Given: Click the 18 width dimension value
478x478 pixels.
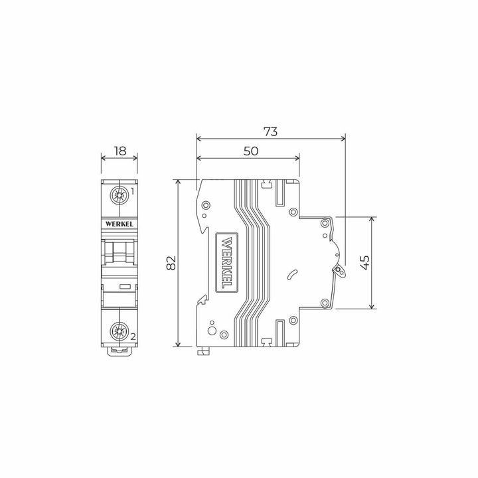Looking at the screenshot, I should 119,151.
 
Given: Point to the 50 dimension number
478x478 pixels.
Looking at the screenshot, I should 250,151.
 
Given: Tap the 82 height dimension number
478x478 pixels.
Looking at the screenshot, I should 171,263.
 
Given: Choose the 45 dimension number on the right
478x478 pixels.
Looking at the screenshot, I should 363,262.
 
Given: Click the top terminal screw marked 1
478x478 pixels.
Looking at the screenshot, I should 119,196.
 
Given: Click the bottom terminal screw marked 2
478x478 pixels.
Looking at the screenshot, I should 119,330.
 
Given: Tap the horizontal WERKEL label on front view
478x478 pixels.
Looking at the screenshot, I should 119,224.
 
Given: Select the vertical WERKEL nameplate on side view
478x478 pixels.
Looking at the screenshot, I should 226,263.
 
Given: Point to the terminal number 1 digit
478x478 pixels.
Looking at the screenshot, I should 133,192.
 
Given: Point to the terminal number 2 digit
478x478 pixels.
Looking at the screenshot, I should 133,337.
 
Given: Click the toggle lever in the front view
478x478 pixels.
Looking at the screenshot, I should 119,252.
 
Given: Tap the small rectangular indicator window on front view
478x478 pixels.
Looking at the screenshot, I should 124,287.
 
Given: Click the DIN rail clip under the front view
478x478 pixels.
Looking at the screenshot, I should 119,349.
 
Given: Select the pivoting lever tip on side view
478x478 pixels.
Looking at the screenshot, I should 341,271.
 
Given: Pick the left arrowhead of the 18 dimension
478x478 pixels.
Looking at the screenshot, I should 103,158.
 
